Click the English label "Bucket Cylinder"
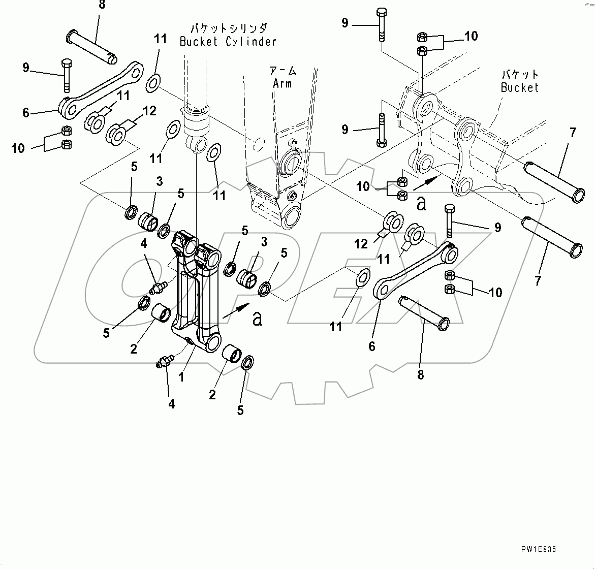[228, 42]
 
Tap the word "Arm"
[282, 83]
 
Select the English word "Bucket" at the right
[519, 87]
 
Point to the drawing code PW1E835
[538, 550]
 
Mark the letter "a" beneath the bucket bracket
[421, 204]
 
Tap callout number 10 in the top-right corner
[471, 36]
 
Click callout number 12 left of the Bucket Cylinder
[149, 111]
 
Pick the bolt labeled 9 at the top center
[381, 24]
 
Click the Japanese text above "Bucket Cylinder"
[228, 28]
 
